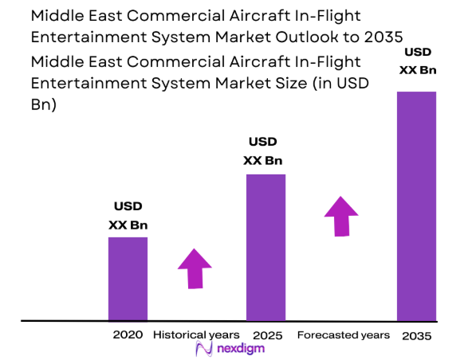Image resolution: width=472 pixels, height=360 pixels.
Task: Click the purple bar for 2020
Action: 128,279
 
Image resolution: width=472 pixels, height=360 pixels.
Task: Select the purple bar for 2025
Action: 265,247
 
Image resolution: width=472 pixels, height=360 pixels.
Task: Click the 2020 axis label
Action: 128,335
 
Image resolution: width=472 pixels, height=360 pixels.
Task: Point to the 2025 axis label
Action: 265,335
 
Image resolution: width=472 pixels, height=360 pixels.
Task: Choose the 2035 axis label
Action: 417,336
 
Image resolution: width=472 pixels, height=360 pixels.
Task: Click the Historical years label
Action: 196,335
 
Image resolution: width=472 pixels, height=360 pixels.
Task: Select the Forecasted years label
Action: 344,335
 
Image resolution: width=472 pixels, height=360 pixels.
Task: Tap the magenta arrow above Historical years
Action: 194,268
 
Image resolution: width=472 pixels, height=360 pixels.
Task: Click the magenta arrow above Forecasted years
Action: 341,214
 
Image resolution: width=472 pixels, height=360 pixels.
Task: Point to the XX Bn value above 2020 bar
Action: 128,225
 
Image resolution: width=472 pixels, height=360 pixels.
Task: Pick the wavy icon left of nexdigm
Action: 203,349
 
